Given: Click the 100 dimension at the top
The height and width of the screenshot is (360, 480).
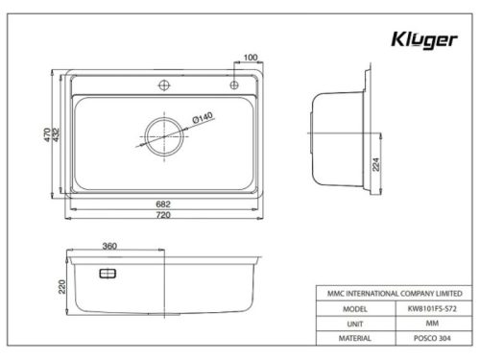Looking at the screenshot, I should click(x=251, y=58).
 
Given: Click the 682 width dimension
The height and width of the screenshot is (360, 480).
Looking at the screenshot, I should click(x=165, y=204).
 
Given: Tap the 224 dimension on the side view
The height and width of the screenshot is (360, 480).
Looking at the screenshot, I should click(x=375, y=164).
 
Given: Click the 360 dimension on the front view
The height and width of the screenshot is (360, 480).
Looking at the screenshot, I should click(x=109, y=247).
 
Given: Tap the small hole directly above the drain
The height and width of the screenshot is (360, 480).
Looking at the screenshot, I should click(x=164, y=86).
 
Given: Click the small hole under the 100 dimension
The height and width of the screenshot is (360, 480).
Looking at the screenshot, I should click(x=233, y=86).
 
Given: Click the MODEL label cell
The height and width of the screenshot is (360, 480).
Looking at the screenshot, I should click(x=348, y=310).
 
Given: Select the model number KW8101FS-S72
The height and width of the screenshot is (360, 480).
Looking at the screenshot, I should click(x=426, y=310).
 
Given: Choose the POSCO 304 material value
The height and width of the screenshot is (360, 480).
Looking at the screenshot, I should click(x=426, y=338).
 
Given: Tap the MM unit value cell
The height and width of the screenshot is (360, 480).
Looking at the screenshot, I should click(x=426, y=324).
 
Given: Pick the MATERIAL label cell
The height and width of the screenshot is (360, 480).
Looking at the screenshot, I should click(x=348, y=338).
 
